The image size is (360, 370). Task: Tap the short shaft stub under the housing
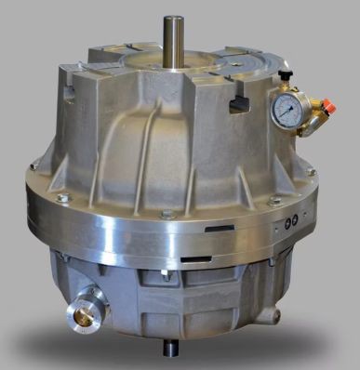tap(172, 350)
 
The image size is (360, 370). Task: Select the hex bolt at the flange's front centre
tap(167, 215)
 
